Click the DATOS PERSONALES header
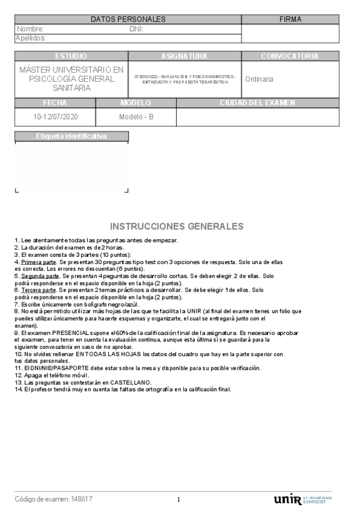[127, 19]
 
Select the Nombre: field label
[30, 29]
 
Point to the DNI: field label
[136, 29]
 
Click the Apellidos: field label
[31, 38]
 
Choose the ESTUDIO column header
[71, 56]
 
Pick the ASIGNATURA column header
[184, 56]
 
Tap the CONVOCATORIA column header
[290, 56]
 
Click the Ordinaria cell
[259, 79]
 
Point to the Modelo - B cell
[136, 117]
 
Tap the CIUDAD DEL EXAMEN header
[257, 103]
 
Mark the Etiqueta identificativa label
[71, 137]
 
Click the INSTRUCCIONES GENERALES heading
[177, 227]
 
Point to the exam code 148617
[82, 499]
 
